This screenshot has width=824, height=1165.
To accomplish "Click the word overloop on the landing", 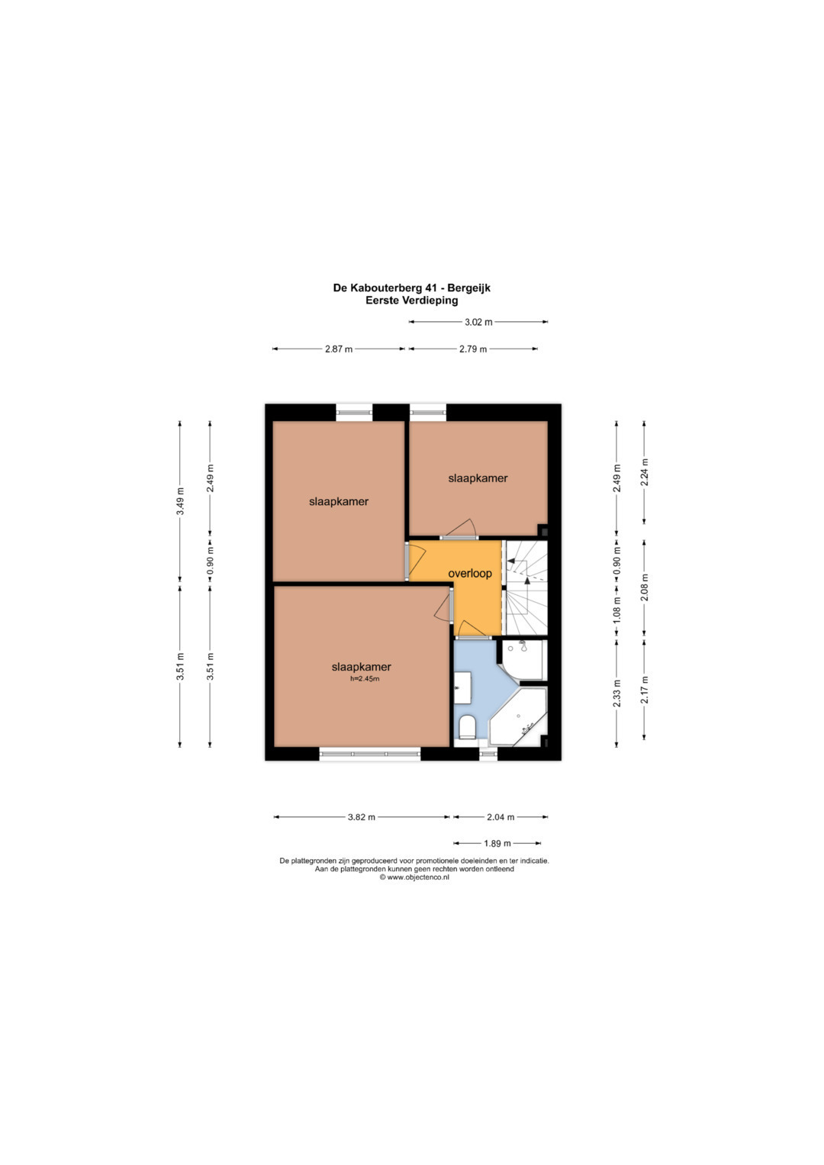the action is coord(470,574).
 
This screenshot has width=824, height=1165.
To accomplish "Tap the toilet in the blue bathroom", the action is coord(467,726).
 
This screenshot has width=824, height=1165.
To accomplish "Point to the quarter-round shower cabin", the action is coord(523,659).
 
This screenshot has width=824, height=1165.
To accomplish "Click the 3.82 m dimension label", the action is coord(361,817).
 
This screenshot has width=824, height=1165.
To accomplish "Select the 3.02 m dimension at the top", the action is coord(478,322).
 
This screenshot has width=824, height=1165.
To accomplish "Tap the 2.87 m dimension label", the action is coord(339,349).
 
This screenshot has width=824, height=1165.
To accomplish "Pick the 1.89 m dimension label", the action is coord(497,843).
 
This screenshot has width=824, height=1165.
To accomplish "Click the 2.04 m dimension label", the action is coord(501,817).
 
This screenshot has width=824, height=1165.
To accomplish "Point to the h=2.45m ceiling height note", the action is coord(365,678).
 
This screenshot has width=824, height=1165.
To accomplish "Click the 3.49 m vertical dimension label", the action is coord(180,500).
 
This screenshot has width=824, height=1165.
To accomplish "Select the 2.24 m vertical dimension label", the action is coord(645,472).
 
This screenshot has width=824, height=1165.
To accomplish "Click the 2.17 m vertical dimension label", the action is coord(645,690).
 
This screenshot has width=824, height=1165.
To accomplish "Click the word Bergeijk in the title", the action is coord(470,288).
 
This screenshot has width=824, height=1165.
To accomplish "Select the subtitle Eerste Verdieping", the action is coord(411,300).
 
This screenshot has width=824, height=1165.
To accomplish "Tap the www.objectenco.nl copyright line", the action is coord(414,877).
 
